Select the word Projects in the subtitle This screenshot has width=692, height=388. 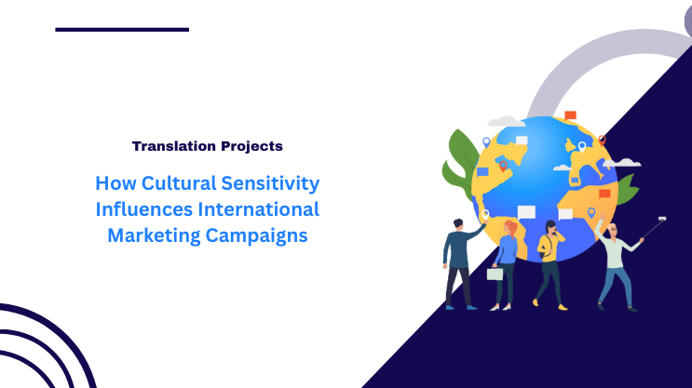coord(251,146)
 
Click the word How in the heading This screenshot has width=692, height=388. coord(114,184)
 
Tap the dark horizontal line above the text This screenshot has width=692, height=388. coord(122,30)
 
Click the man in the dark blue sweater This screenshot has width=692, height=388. coord(458,261)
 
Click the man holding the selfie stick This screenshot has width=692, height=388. coord(615,265)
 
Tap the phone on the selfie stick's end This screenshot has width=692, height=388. coord(662,221)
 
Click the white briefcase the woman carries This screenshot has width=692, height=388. coord(495,274)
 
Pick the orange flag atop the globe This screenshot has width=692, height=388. coord(570,115)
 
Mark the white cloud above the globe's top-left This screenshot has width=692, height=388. coord(507,122)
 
